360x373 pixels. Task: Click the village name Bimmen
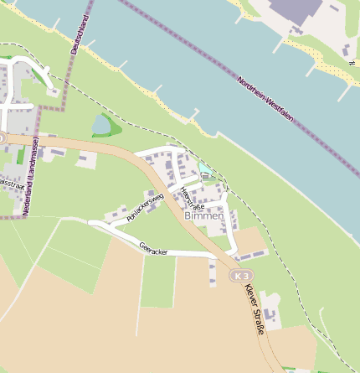[x=203, y=215]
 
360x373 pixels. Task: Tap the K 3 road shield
[x=242, y=276]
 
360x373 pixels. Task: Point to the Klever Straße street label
[x=254, y=309]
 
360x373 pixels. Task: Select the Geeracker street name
[x=153, y=248]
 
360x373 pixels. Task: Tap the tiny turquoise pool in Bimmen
[x=204, y=170]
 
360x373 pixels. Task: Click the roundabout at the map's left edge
[x=2, y=137]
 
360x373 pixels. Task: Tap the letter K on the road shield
[x=238, y=276]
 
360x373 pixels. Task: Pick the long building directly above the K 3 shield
[x=249, y=254]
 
